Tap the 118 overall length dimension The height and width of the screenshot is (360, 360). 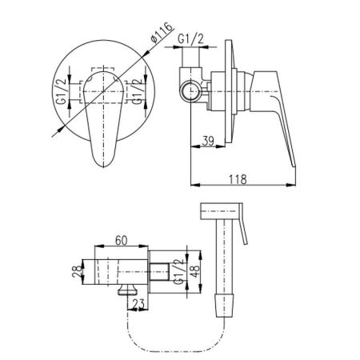point(238,179)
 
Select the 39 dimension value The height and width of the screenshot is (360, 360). point(208,141)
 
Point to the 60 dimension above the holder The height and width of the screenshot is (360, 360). point(122,241)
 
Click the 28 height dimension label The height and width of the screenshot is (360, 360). point(78,271)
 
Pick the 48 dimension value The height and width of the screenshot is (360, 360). point(195,271)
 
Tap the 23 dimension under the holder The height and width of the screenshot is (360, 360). point(138,304)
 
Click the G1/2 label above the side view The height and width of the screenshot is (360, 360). point(190,39)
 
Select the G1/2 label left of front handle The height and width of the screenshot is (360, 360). point(62,91)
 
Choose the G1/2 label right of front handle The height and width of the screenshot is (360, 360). point(137,91)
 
